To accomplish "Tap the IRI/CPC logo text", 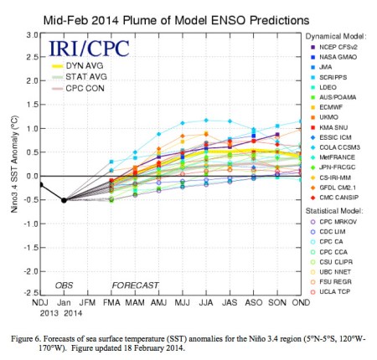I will (78, 49).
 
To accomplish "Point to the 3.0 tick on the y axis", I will (28, 35).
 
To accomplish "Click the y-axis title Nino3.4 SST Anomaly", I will (10, 165).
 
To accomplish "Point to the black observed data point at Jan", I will (64, 200).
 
